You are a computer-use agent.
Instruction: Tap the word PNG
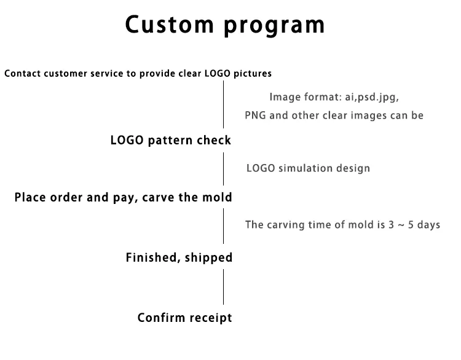click(256, 115)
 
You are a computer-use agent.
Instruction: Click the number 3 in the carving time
click(392, 225)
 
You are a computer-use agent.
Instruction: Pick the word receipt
click(211, 318)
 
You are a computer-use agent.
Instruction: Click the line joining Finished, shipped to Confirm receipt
click(223, 287)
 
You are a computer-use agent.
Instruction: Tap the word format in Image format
click(317, 97)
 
